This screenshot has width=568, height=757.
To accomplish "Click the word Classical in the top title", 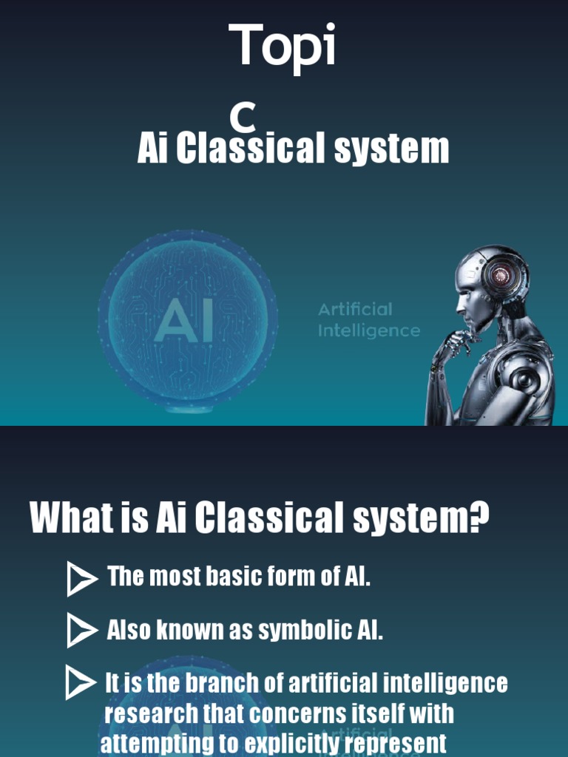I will pos(251,148).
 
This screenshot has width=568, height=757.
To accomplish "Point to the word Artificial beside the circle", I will pos(355,309).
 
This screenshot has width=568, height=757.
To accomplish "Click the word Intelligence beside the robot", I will pos(368,331).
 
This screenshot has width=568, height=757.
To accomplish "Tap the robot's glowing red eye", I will pos(501,276).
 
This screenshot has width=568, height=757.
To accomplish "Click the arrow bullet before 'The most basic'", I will pos(81,579).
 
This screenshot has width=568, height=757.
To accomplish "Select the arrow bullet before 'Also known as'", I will pos(81,631).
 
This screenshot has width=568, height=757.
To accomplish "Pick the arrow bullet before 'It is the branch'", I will pos(80,682).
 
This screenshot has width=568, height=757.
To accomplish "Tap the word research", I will pos(151,714).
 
